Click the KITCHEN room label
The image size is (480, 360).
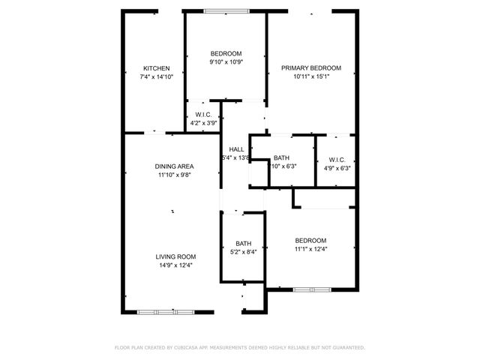tap(157, 68)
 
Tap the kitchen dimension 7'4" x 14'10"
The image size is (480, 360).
tap(157, 76)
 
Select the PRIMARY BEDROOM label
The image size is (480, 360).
tap(311, 68)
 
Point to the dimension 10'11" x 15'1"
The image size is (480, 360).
tap(311, 76)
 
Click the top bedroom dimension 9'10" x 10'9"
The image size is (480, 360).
tap(226, 62)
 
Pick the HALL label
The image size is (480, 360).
tap(236, 149)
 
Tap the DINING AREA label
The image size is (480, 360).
tap(175, 166)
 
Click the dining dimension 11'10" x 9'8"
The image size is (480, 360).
tap(175, 175)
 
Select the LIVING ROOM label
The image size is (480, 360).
tap(175, 256)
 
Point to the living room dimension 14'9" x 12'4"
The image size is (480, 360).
tap(175, 265)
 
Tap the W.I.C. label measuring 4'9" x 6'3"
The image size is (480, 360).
tap(336, 159)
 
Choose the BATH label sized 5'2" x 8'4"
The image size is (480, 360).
tap(244, 243)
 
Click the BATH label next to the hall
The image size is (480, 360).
tap(281, 157)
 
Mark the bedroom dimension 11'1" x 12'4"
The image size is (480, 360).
tap(310, 249)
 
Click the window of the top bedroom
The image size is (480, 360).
tap(225, 10)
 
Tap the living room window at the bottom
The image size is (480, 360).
tap(166, 311)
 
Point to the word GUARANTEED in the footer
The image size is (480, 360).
tap(346, 348)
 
